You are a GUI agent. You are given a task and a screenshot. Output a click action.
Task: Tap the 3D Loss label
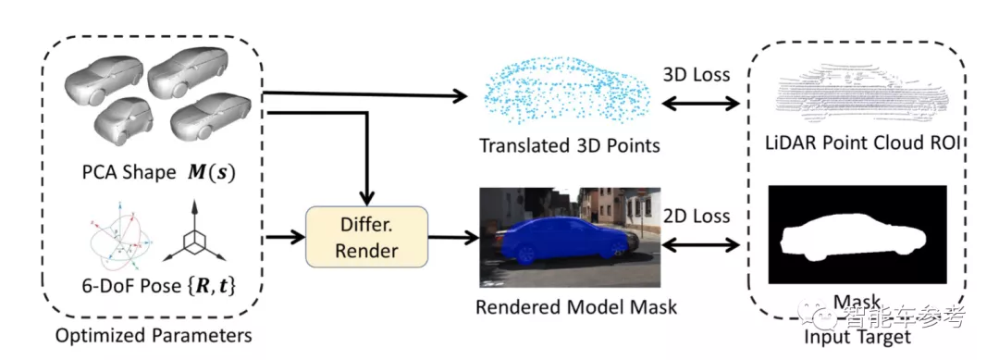point(696,73)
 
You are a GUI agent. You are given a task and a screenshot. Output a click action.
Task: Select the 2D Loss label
point(696,216)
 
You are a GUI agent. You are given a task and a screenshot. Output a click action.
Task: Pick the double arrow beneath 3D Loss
point(696,103)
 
